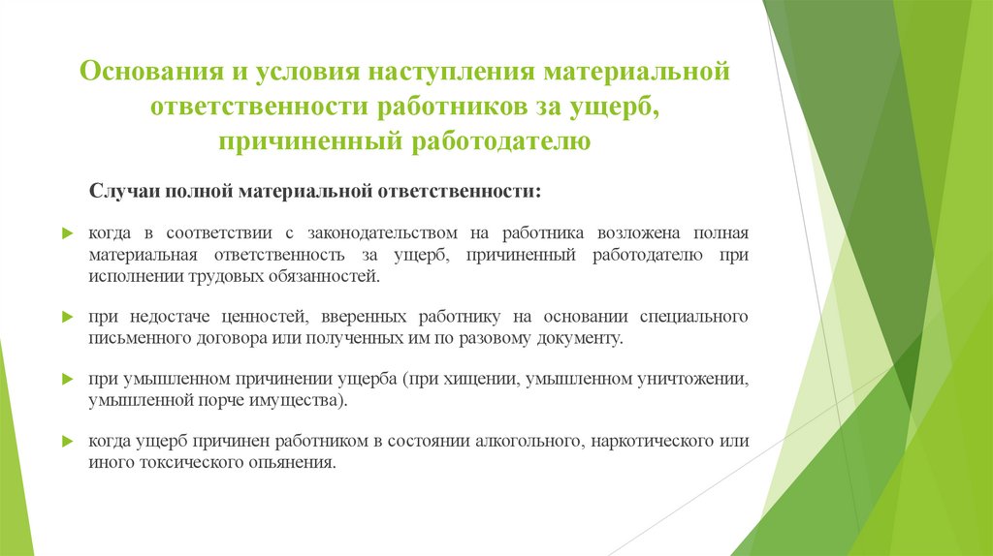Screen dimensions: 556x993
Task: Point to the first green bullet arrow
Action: tap(68, 234)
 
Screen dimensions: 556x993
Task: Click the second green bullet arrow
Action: tap(68, 317)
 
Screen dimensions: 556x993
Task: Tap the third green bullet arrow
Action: tap(68, 379)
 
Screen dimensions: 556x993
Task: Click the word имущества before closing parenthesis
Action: tap(297, 399)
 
